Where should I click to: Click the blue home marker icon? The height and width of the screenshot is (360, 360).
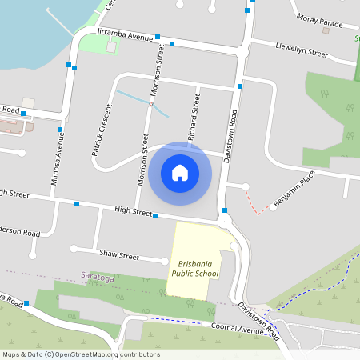point(180,172)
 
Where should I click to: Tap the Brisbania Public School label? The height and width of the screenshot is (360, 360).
point(193,268)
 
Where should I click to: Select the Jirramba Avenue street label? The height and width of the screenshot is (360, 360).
point(124,36)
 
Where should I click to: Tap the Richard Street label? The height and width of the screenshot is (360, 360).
point(194,117)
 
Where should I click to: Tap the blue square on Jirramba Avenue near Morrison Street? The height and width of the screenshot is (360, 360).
point(158,37)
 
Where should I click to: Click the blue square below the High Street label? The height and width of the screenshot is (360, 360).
point(155,216)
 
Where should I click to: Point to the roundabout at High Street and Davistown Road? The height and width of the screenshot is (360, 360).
point(225,219)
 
